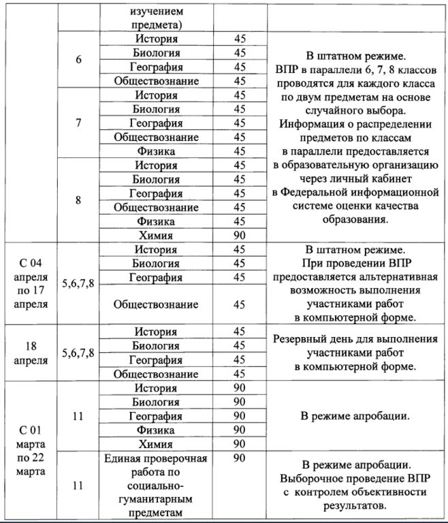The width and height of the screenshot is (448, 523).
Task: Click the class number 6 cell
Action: pos(78,59)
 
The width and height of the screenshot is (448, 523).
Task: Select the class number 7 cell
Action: pos(78,123)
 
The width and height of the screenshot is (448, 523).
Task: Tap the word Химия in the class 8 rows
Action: pos(156,236)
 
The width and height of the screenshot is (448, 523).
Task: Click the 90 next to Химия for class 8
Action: pos(239,236)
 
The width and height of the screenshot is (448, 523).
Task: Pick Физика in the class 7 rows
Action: pos(156,151)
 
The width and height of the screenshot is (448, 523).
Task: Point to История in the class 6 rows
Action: pos(156,39)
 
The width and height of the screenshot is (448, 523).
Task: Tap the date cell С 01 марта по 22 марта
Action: pos(30,450)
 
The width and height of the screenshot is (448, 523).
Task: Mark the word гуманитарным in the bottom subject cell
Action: pos(156,501)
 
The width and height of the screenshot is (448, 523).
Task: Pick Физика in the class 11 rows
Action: pos(156,430)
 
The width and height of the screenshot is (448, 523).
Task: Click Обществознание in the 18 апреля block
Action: pos(156,374)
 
